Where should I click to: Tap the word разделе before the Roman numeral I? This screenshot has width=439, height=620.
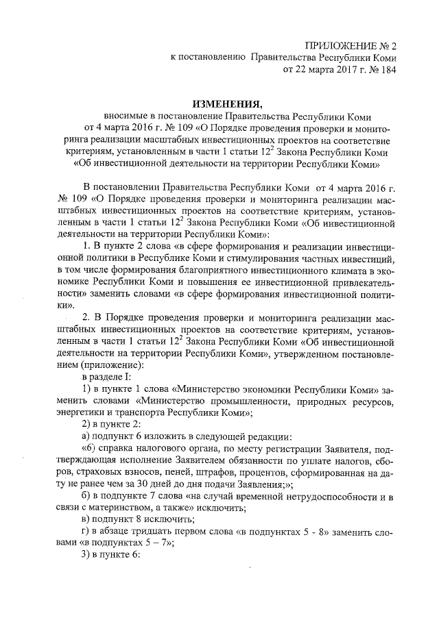point(106,377)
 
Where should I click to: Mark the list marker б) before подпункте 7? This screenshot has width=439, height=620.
point(86,495)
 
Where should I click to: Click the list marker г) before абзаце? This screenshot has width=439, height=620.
point(86,531)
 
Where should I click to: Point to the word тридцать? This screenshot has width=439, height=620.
point(152,531)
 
